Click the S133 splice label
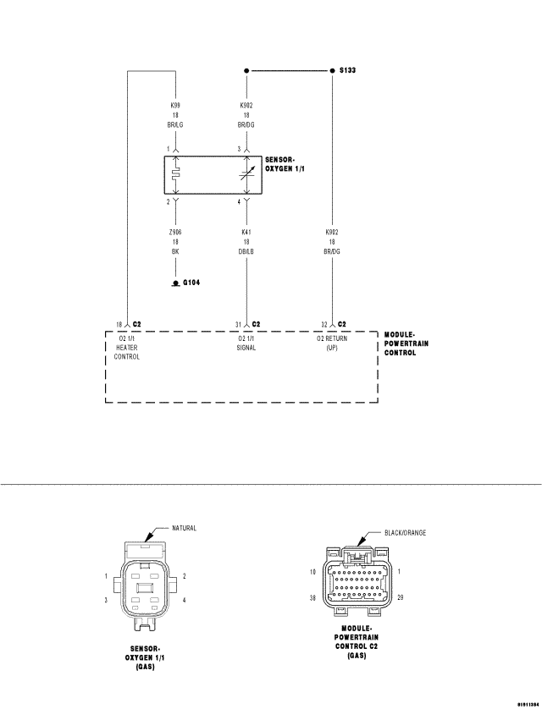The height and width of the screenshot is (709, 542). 347,72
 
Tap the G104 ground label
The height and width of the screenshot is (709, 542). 191,283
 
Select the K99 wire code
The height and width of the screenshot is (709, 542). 175,106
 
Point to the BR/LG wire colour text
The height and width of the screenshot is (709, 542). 175,124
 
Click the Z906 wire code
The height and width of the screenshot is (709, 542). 175,232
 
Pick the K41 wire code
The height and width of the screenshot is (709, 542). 246,232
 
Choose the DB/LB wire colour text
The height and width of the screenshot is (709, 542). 246,250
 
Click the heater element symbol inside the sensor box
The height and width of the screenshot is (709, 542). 175,175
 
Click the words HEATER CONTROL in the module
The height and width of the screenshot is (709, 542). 127,352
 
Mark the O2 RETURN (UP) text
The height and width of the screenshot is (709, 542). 332,343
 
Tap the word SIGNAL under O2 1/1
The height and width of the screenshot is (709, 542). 246,348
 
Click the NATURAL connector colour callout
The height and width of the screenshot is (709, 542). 184,528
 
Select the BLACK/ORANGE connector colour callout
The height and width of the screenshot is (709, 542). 403,533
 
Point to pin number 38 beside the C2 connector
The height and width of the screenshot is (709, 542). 312,597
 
